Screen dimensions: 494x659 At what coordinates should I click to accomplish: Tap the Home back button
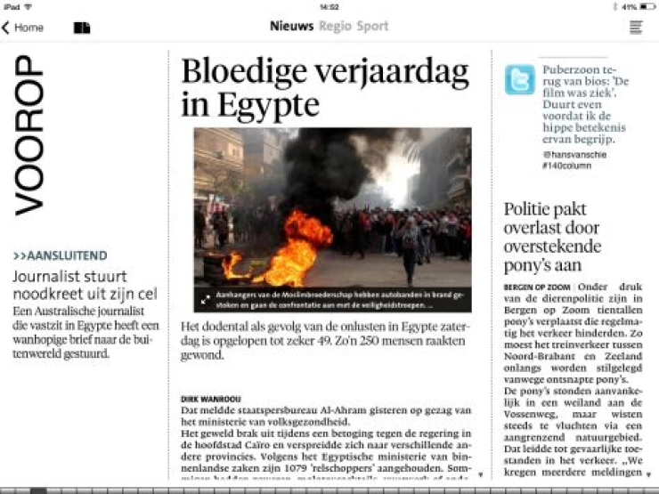click(23, 28)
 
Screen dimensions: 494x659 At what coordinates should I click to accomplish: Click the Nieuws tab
click(291, 26)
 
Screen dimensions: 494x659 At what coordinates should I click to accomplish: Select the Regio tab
click(335, 26)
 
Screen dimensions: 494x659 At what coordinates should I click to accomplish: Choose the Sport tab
click(372, 26)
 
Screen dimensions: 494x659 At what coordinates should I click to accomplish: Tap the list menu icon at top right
click(636, 27)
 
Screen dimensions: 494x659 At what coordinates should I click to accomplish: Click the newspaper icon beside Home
click(82, 28)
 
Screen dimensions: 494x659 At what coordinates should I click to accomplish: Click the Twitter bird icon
click(519, 79)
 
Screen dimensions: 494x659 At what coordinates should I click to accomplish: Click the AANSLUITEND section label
click(61, 255)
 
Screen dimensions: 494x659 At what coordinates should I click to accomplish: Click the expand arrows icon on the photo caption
click(206, 300)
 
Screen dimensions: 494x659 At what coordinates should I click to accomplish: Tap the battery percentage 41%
click(629, 6)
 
